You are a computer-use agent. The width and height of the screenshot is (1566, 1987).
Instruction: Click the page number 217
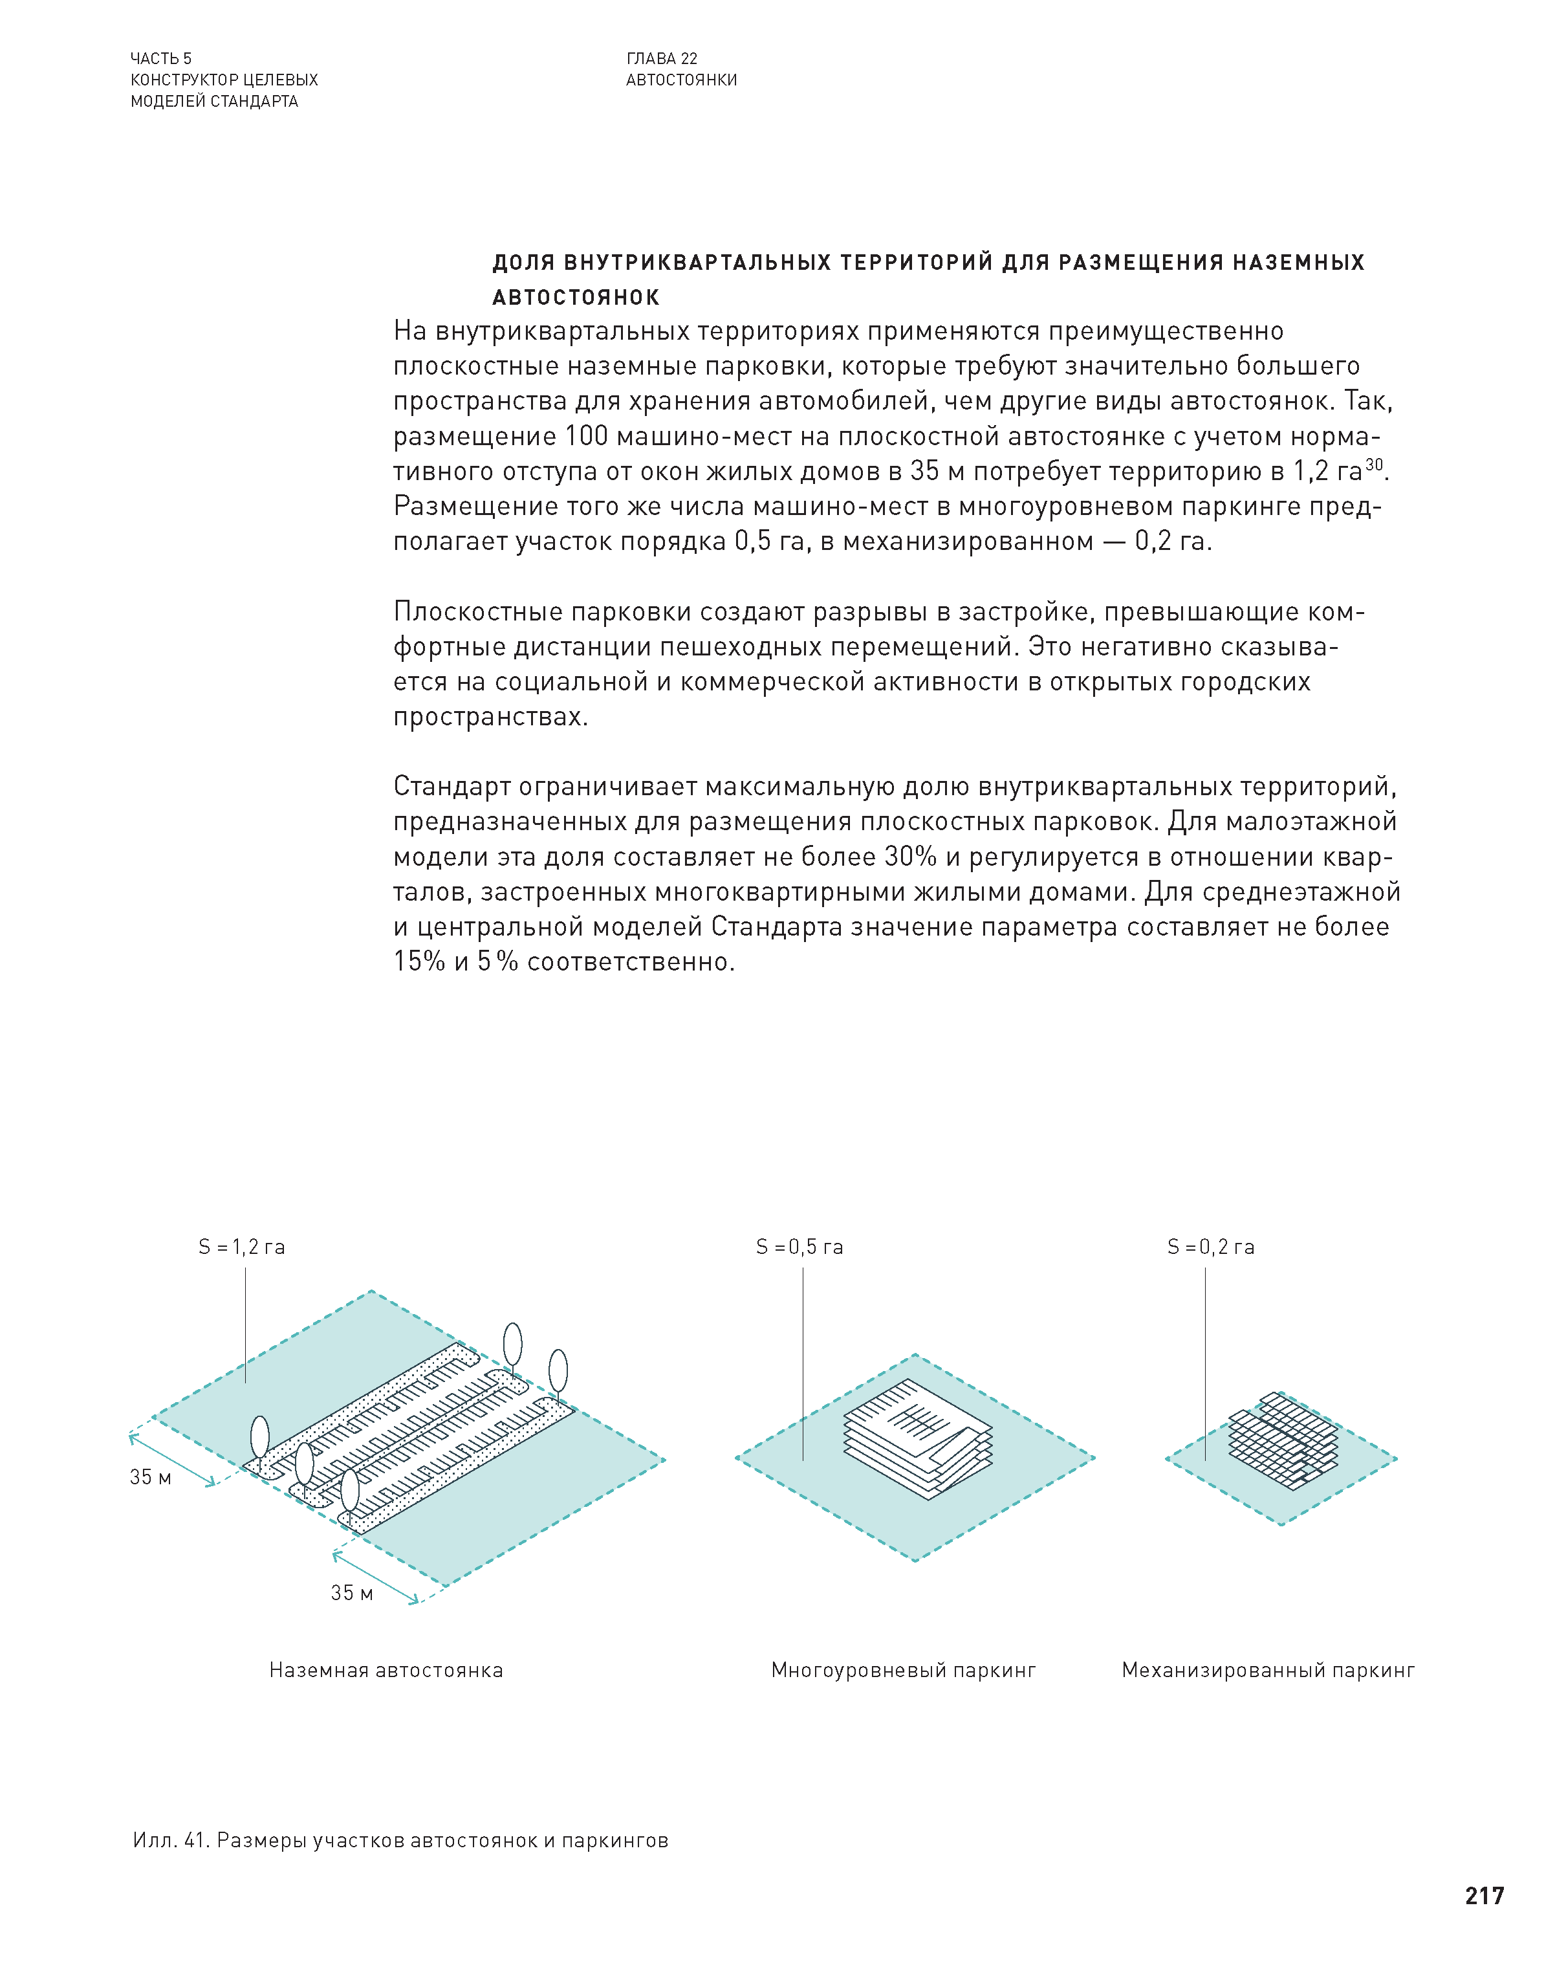[x=1483, y=1894]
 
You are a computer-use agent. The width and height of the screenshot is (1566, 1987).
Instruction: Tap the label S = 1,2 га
[x=242, y=1247]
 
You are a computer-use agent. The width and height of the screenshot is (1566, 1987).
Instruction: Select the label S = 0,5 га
[x=799, y=1247]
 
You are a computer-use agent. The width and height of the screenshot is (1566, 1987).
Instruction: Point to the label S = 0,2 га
[x=1210, y=1247]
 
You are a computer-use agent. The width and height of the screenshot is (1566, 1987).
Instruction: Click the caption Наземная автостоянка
[x=386, y=1670]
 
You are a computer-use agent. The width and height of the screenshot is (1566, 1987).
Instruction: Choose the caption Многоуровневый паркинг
[x=903, y=1670]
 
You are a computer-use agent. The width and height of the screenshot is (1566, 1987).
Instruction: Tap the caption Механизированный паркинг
[x=1268, y=1670]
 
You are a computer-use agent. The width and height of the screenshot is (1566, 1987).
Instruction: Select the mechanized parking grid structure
[x=1283, y=1440]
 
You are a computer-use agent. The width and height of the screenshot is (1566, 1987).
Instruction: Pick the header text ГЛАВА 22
[x=662, y=59]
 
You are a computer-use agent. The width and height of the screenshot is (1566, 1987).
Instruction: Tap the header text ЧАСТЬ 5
[x=161, y=59]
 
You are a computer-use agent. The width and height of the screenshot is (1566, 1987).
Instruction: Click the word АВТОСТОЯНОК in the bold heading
[x=576, y=297]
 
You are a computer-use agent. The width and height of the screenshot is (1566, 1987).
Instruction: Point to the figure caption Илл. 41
[x=171, y=1840]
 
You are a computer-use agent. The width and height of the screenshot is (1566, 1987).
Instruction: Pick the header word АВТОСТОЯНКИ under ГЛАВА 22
[x=681, y=80]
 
